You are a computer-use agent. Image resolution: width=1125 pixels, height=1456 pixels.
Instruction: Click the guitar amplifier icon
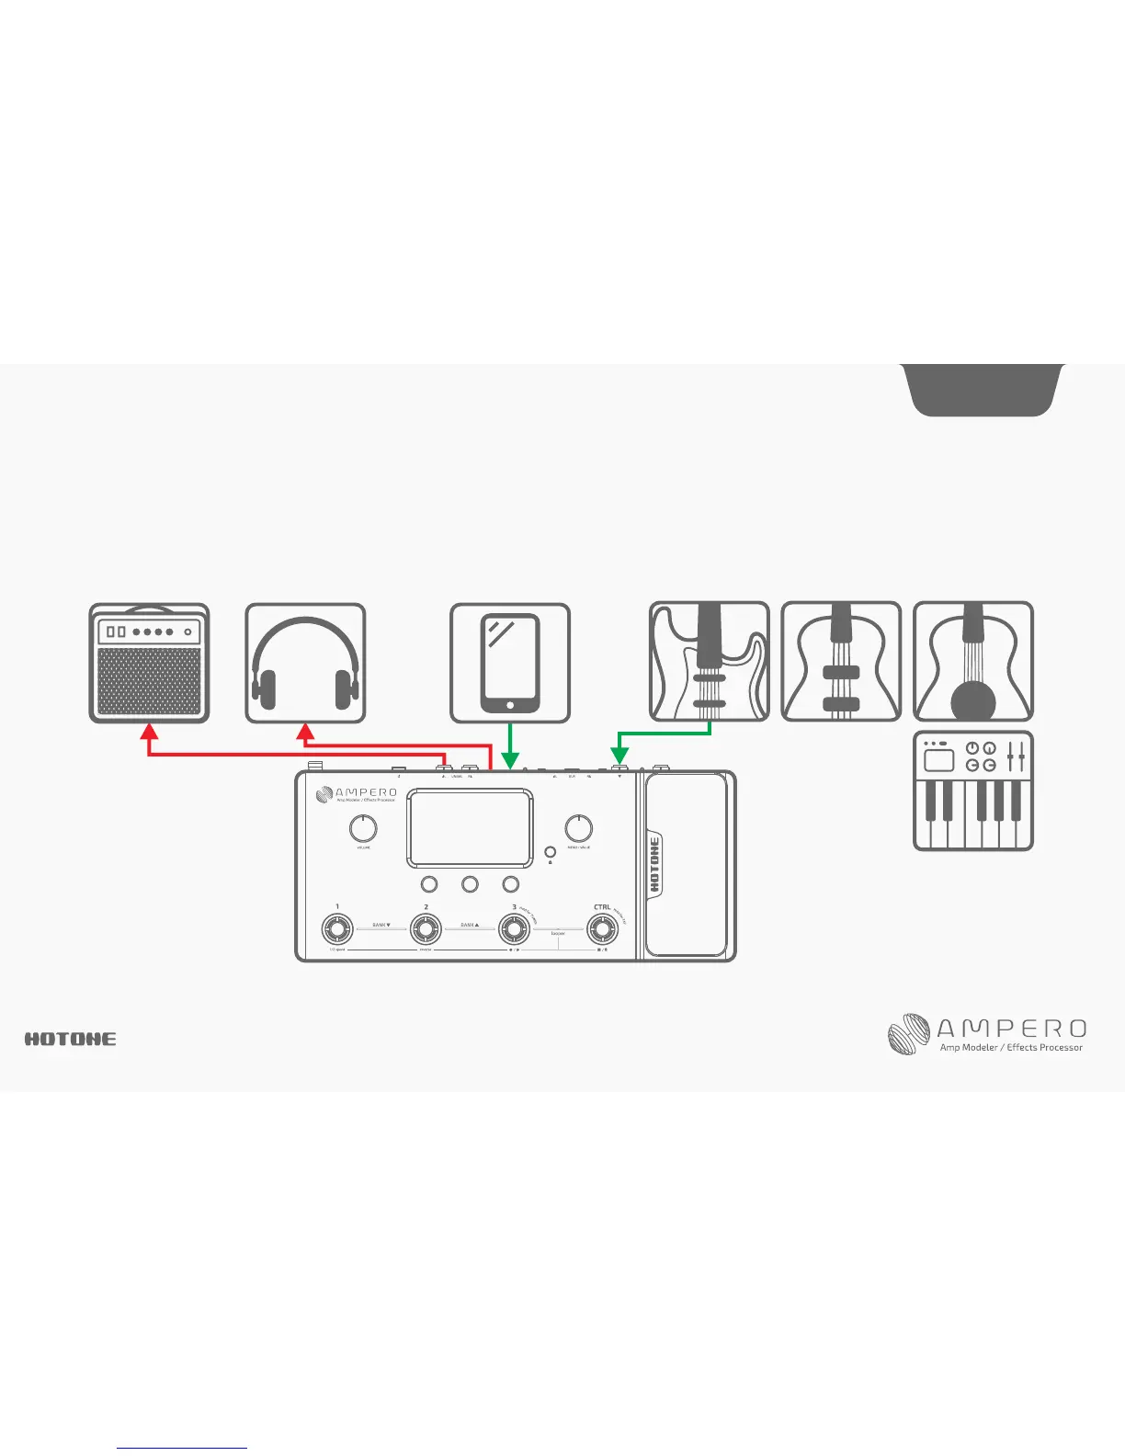tap(149, 663)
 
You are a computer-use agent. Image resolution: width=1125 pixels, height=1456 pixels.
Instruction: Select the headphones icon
tap(305, 663)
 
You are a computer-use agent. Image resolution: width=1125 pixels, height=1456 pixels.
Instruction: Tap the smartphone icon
tap(510, 663)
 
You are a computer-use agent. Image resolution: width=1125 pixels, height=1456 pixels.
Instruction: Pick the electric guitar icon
tap(710, 661)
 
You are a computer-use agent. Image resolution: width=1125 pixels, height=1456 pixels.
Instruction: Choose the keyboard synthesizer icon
tap(973, 791)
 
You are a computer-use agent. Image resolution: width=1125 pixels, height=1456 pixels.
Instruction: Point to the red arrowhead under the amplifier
tap(149, 732)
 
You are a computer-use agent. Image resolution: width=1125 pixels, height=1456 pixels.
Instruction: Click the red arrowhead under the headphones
tap(305, 732)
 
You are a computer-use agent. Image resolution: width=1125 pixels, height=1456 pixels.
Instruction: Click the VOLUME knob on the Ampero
tap(363, 828)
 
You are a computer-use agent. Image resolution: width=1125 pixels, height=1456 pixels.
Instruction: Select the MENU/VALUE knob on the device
tap(578, 828)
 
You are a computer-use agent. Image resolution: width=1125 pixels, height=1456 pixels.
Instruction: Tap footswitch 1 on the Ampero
tap(337, 929)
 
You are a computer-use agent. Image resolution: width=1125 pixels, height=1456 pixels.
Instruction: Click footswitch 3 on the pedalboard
tap(514, 929)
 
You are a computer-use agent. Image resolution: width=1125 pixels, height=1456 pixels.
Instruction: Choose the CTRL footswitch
tap(603, 929)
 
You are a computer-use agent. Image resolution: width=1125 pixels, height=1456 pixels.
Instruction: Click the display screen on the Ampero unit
tap(470, 827)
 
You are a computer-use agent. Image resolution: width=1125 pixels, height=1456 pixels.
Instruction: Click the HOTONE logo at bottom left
tap(71, 1039)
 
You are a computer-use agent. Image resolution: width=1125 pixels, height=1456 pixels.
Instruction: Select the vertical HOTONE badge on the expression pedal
tap(654, 864)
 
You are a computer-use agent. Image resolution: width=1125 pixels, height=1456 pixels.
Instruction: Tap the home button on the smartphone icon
tap(510, 706)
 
